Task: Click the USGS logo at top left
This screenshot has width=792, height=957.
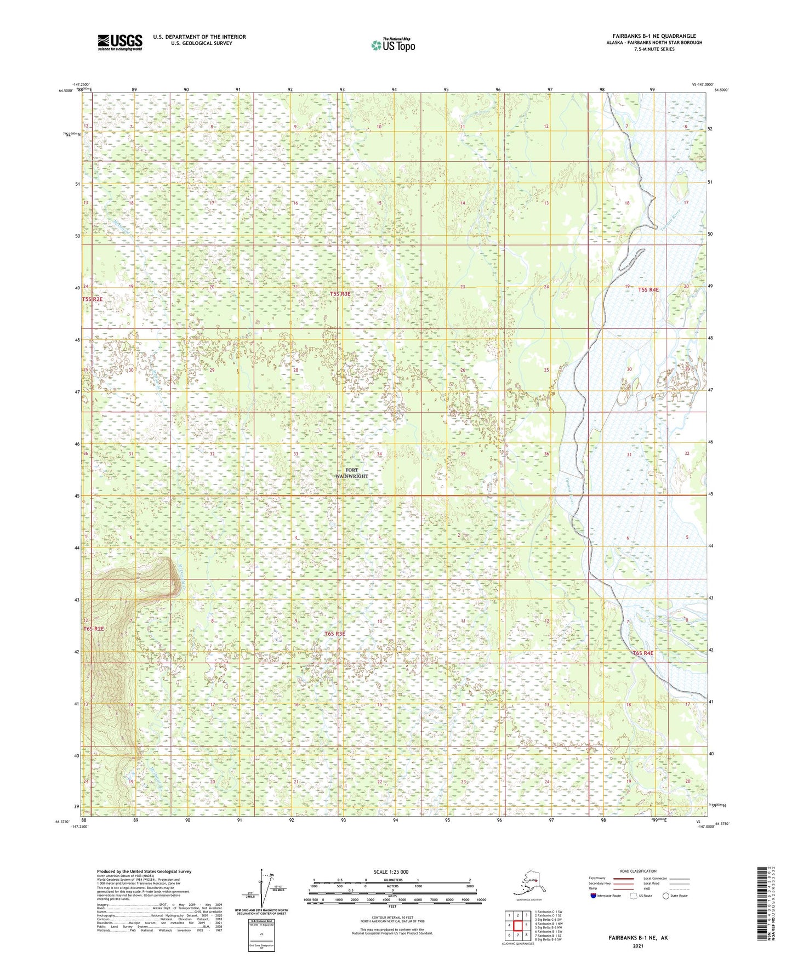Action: pyautogui.click(x=119, y=42)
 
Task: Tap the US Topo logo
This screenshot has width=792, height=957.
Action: pyautogui.click(x=392, y=45)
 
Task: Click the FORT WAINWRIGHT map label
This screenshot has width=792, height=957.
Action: pyautogui.click(x=351, y=473)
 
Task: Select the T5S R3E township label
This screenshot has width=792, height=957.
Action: pyautogui.click(x=340, y=294)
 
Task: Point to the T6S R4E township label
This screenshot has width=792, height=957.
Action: pyautogui.click(x=643, y=653)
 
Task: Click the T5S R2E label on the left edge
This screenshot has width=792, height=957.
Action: pyautogui.click(x=92, y=299)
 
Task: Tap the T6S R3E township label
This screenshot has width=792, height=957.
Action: pyautogui.click(x=335, y=634)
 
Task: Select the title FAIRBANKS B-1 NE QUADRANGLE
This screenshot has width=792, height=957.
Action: pyautogui.click(x=654, y=36)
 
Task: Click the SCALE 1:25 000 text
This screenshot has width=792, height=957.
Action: pyautogui.click(x=391, y=871)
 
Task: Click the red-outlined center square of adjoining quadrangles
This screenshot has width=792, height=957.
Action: pyautogui.click(x=517, y=925)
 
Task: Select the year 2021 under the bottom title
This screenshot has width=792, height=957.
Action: pyautogui.click(x=638, y=945)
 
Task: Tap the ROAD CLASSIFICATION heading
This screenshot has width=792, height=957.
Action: pyautogui.click(x=638, y=871)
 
